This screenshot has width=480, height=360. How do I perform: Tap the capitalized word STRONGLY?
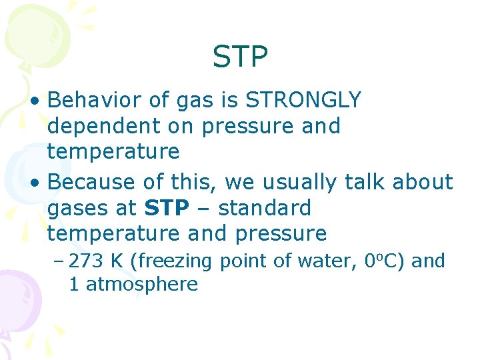tap(303, 101)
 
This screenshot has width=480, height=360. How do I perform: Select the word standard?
tap(265, 208)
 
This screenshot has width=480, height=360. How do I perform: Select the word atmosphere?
tap(142, 285)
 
